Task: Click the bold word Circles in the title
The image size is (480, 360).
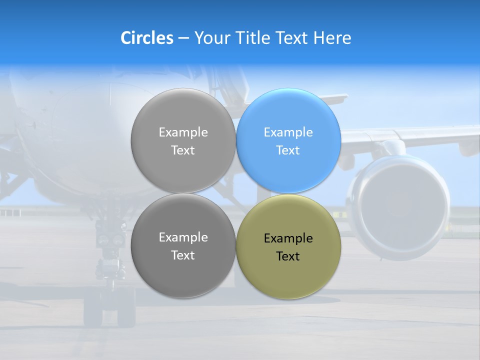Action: (x=146, y=38)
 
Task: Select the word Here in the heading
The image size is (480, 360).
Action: (x=332, y=38)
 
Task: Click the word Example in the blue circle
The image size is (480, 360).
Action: (x=288, y=132)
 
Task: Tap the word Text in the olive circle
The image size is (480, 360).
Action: (x=288, y=256)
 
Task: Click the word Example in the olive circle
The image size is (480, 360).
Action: (x=288, y=238)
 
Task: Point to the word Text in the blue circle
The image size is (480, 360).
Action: (x=288, y=150)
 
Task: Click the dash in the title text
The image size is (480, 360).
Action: (x=183, y=38)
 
